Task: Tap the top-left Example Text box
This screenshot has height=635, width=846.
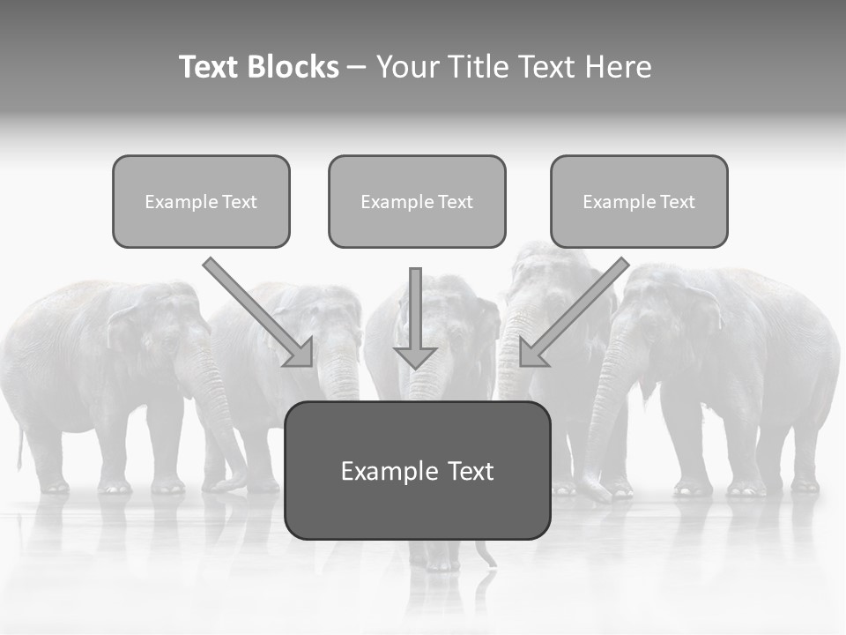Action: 201,201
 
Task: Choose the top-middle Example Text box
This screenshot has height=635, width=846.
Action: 417,201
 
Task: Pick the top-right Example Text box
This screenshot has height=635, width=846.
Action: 639,201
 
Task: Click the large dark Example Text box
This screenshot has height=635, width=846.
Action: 417,470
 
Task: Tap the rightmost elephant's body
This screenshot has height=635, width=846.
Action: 758,353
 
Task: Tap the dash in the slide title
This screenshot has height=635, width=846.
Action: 357,68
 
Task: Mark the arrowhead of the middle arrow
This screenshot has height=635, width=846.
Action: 415,357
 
